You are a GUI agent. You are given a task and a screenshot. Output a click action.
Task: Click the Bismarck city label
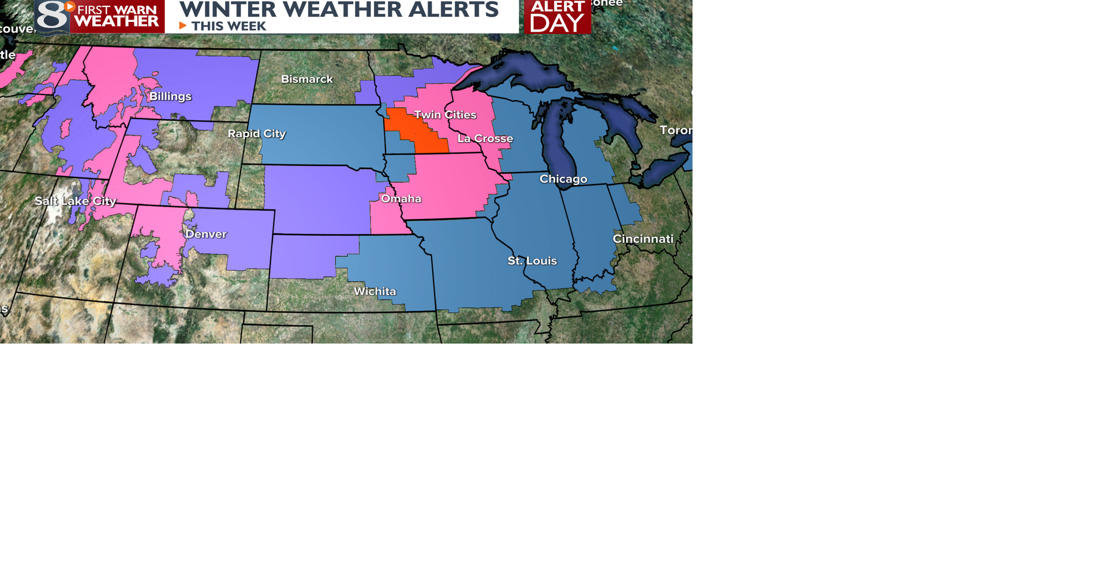click(306, 79)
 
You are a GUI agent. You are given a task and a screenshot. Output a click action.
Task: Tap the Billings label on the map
click(170, 96)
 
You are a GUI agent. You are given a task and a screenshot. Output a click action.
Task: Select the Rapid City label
click(256, 133)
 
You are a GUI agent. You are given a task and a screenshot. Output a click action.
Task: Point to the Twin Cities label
click(445, 115)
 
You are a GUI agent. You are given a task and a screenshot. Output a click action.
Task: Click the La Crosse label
click(485, 139)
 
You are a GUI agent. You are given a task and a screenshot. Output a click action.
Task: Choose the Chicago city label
click(563, 179)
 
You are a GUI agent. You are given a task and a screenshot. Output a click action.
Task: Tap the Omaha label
click(401, 199)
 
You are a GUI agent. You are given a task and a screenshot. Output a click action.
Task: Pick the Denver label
click(206, 234)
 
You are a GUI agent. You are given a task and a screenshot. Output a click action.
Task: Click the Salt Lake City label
click(76, 201)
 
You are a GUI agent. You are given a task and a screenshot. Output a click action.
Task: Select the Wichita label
click(375, 291)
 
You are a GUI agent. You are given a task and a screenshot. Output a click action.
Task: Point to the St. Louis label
click(532, 260)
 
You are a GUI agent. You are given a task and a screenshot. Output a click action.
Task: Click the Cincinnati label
click(642, 238)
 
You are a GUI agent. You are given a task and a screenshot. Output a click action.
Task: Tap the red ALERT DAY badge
click(557, 17)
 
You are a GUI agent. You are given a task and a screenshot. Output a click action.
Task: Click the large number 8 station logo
click(52, 17)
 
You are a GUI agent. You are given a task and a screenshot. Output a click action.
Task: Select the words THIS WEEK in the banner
click(229, 26)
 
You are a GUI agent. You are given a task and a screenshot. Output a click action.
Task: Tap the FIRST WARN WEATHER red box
click(117, 16)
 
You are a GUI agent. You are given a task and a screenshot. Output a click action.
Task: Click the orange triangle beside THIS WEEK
click(182, 26)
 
